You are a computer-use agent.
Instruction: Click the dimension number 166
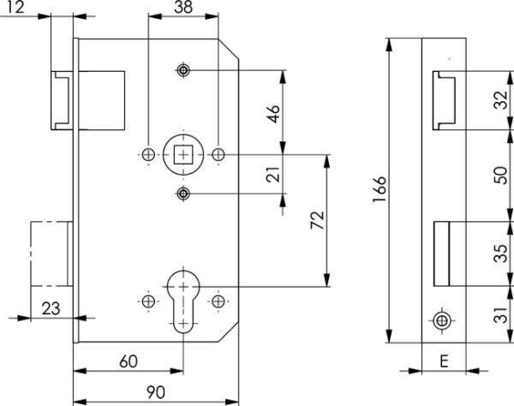380,189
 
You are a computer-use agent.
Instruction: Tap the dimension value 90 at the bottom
156,392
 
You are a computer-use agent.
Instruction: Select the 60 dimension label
128,361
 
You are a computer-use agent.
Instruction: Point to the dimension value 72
317,220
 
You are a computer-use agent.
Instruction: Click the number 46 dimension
273,114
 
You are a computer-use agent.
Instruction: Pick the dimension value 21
273,174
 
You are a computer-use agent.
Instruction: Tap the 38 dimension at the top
183,7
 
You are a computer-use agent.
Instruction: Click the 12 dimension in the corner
15,7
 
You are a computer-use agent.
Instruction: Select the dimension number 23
51,308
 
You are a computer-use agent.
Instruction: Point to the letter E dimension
444,361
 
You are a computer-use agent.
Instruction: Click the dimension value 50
501,176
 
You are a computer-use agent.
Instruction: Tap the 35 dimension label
501,254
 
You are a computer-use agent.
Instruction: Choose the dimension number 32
501,100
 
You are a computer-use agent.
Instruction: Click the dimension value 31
501,314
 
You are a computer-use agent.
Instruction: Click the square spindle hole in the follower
183,154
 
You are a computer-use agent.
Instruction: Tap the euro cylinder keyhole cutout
183,300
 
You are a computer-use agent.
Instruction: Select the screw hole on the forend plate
442,321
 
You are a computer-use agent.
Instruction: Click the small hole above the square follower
183,70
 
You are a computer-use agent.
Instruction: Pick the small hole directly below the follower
183,194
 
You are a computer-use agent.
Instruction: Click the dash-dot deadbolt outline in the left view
31,254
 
